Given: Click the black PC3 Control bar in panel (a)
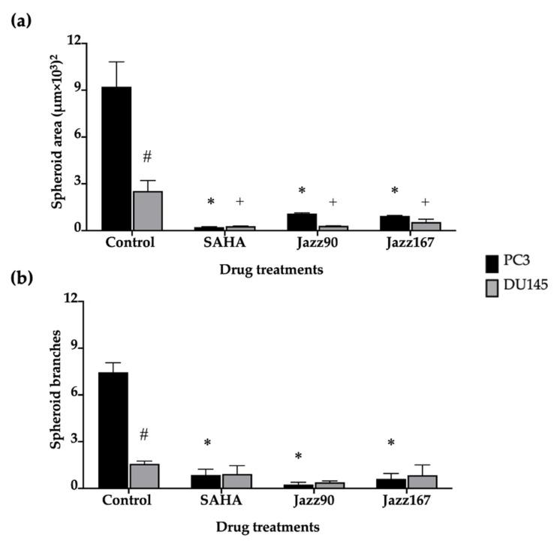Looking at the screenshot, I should pos(116,158).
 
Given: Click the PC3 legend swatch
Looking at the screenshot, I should pos(492,263).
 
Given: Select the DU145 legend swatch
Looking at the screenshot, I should pos(492,286).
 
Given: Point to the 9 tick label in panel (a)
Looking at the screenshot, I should pos(75,90).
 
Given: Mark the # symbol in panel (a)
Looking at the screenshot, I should pos(147,157).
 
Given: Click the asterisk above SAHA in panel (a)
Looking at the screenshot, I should pos(211,203).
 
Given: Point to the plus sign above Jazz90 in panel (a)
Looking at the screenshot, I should pos(333,203).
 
